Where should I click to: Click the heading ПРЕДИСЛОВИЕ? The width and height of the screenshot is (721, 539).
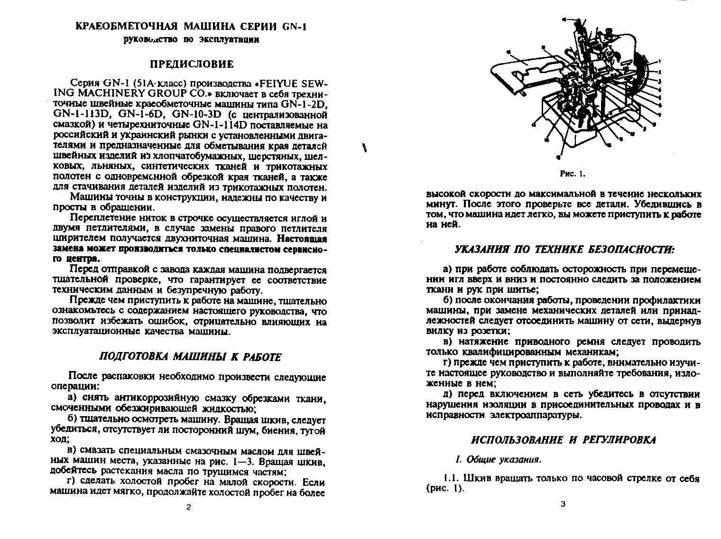[192, 64]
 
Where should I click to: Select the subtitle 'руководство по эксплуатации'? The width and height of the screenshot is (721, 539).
[191, 39]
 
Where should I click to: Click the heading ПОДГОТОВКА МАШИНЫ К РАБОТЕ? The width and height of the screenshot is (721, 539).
[190, 357]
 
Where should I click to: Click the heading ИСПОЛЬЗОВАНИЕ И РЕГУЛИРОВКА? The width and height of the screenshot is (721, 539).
[564, 440]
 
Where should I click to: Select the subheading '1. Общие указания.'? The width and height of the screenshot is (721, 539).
[498, 459]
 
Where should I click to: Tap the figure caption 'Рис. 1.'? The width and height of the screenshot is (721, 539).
[573, 174]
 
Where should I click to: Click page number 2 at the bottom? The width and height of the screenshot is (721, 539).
[188, 507]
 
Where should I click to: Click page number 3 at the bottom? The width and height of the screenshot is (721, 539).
[563, 504]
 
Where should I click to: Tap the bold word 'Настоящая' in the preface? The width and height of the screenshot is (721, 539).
[302, 239]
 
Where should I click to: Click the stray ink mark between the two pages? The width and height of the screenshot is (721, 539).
[366, 148]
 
